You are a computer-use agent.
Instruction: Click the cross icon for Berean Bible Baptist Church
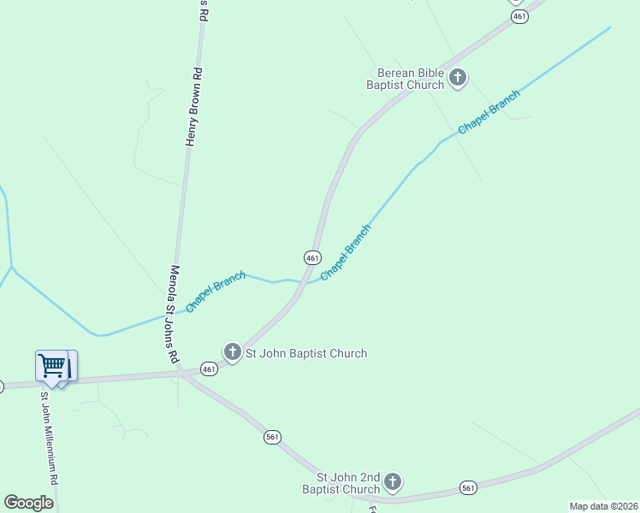click(x=458, y=78)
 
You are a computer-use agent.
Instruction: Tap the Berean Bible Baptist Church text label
click(x=406, y=79)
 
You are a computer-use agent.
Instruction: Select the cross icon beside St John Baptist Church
click(x=232, y=351)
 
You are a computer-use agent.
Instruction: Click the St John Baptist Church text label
click(x=306, y=353)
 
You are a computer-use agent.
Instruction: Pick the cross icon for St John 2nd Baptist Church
click(x=393, y=482)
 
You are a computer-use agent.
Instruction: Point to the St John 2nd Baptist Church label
click(x=348, y=483)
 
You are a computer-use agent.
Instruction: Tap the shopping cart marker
click(x=53, y=367)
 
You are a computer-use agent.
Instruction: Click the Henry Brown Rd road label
click(x=195, y=106)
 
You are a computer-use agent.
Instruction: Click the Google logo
click(x=28, y=503)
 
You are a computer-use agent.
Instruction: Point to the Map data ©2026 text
click(x=603, y=505)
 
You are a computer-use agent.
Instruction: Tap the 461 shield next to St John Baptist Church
click(x=209, y=369)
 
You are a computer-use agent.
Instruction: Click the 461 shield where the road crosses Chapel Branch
click(x=312, y=257)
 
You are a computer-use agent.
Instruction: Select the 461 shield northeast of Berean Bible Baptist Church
click(x=518, y=17)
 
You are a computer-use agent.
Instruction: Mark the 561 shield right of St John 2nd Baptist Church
click(x=468, y=487)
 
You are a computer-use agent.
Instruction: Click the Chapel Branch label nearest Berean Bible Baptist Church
click(x=489, y=111)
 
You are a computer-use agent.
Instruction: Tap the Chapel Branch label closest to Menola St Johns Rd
click(x=216, y=292)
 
